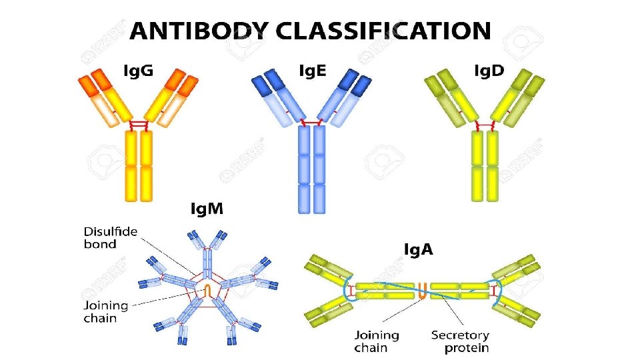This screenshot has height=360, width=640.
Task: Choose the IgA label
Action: tap(419, 249)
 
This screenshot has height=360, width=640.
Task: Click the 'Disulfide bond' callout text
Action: tap(110, 238)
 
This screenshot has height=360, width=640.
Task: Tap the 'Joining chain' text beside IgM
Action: tap(105, 311)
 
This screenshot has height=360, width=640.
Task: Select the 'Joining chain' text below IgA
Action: tap(377, 341)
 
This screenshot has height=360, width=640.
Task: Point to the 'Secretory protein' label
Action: tap(460, 341)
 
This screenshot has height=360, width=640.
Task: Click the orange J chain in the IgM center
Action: tap(207, 291)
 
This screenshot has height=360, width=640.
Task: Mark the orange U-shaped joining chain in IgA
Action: tap(423, 290)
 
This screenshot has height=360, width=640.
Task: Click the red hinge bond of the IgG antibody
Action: tap(139, 125)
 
